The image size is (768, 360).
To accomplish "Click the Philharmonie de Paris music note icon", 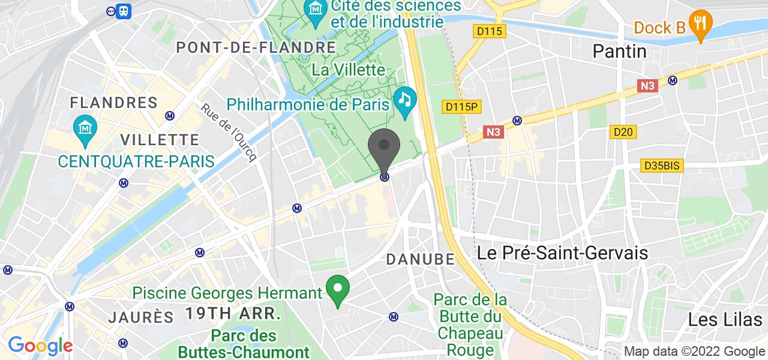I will tap(405, 98).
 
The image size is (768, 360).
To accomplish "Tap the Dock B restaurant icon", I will tap(700, 23).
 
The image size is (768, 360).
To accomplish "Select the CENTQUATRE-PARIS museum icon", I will tap(84, 127).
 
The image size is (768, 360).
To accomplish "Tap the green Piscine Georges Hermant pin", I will tap(337, 290).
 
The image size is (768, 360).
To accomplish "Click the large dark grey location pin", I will tap(384, 150).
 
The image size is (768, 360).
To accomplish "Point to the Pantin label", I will tap(619, 52).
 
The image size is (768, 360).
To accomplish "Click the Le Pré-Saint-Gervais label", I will tap(563, 253).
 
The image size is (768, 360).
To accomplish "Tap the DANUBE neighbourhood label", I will tap(420, 259).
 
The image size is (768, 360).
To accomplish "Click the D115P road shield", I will tap(463, 106).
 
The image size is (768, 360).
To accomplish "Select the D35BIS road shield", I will tap(662, 166).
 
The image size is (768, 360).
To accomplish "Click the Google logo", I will tap(40, 346).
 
